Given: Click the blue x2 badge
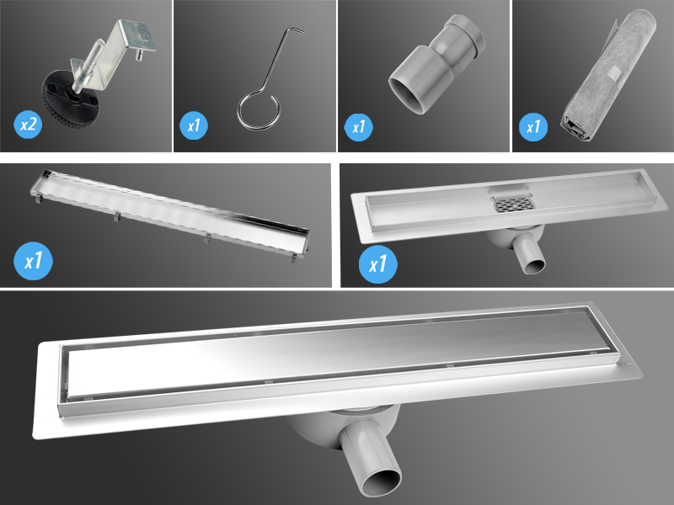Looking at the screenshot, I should pyautogui.click(x=29, y=125).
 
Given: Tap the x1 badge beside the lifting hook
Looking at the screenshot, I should pyautogui.click(x=194, y=128).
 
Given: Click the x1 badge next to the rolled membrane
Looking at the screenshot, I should pyautogui.click(x=532, y=128).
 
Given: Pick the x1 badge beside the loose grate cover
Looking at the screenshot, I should pyautogui.click(x=34, y=261).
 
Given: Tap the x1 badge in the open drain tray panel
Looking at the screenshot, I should pyautogui.click(x=378, y=263).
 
